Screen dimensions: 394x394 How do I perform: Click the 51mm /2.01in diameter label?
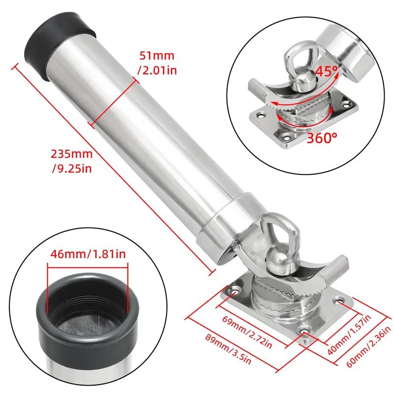pos(157,63)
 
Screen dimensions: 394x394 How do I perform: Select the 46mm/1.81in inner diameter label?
pos(88,254)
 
